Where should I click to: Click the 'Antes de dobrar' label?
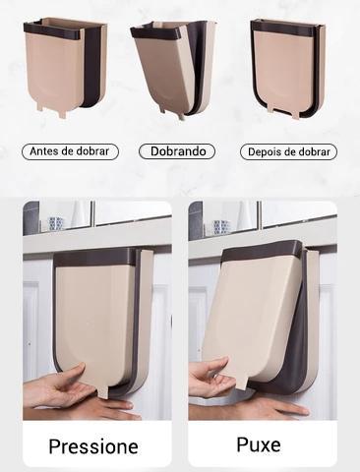coord(70,152)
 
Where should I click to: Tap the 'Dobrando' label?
coord(173,152)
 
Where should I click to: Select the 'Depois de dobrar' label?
coord(288,152)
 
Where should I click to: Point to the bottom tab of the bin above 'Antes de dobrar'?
coord(62,110)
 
